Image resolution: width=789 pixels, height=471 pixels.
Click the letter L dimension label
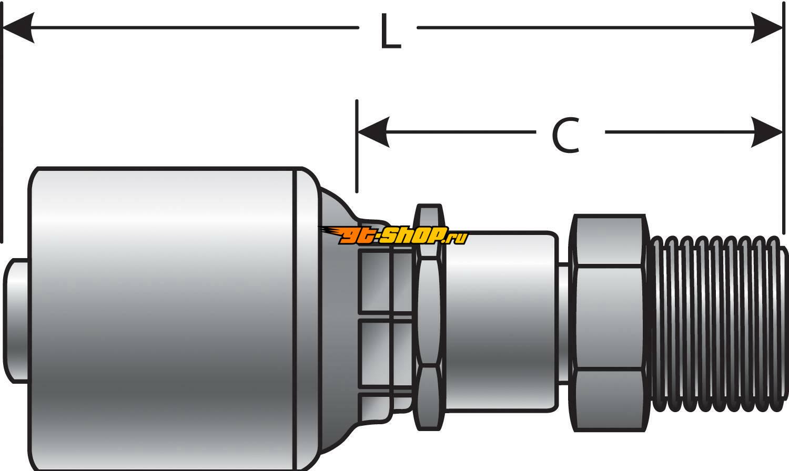(x=391, y=32)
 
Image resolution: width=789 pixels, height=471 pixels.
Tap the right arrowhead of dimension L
(x=766, y=27)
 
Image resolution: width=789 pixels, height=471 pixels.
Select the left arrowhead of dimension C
(x=373, y=132)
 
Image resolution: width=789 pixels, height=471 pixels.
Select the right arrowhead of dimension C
(x=766, y=132)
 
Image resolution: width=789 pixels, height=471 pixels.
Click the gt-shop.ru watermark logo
(x=393, y=235)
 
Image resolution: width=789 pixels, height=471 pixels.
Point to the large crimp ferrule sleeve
(x=166, y=319)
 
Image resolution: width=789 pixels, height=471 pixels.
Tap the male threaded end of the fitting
(x=719, y=324)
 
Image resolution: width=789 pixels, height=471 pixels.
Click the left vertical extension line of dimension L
(x=2, y=123)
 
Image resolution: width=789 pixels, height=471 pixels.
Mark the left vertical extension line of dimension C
(x=357, y=146)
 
